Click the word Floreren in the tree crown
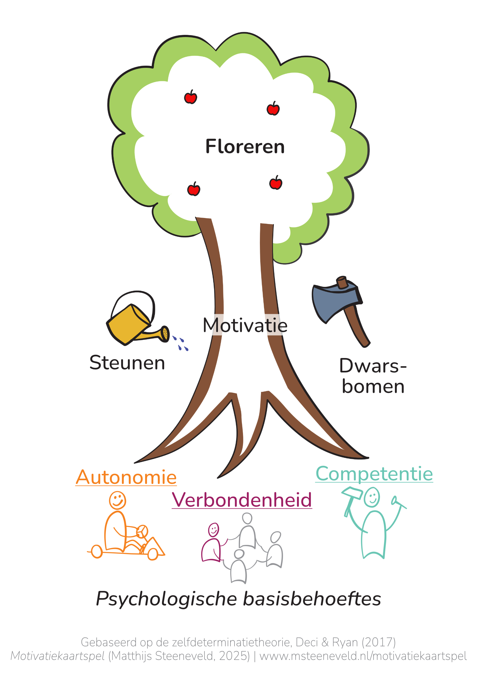tap(245, 146)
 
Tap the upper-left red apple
tap(190, 98)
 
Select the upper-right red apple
tap(273, 109)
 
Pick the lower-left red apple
tap(194, 189)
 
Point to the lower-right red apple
tap(275, 183)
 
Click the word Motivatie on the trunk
tap(245, 325)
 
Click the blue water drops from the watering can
tap(180, 344)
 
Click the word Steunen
tap(127, 362)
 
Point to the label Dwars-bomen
tap(373, 376)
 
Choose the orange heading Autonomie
tap(126, 477)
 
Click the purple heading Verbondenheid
tap(242, 500)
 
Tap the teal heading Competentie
tap(374, 474)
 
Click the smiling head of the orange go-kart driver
tap(118, 500)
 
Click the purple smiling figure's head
tap(213, 530)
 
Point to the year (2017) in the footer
tap(379, 642)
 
